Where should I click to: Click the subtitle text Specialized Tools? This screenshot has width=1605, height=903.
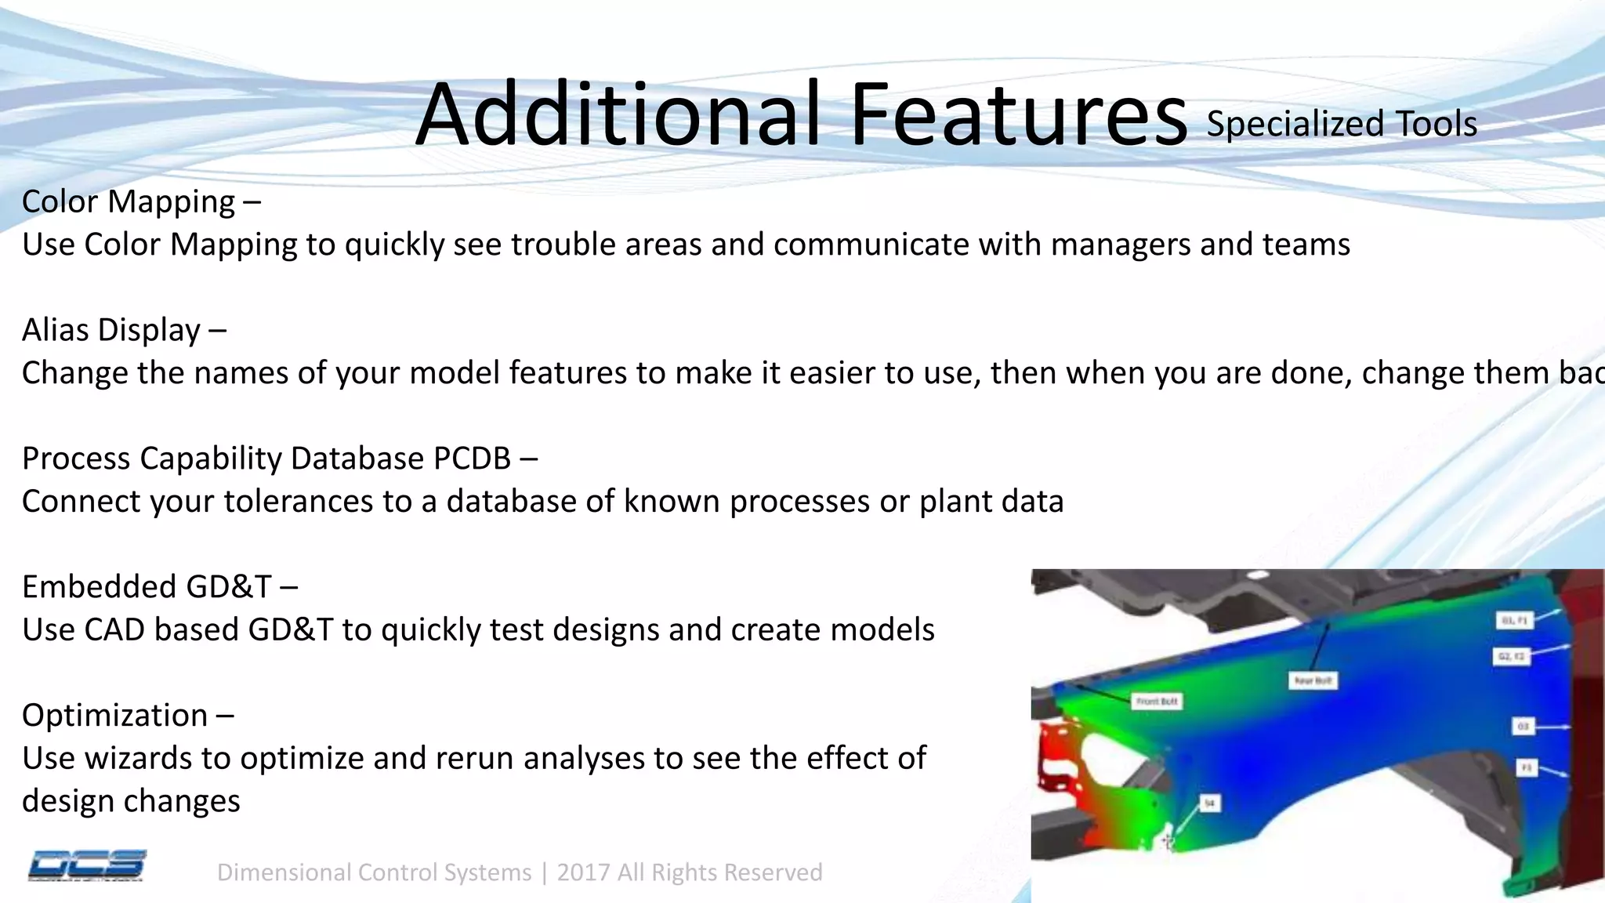click(x=1341, y=124)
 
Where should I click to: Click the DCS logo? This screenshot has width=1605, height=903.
click(x=86, y=866)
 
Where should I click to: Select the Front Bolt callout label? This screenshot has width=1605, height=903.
click(x=1157, y=701)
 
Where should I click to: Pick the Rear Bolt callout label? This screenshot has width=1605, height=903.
click(x=1313, y=680)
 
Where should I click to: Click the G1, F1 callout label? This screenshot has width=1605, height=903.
click(x=1514, y=620)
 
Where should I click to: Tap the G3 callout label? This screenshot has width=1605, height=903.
click(x=1523, y=727)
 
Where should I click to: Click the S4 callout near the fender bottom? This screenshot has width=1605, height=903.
click(x=1209, y=803)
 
